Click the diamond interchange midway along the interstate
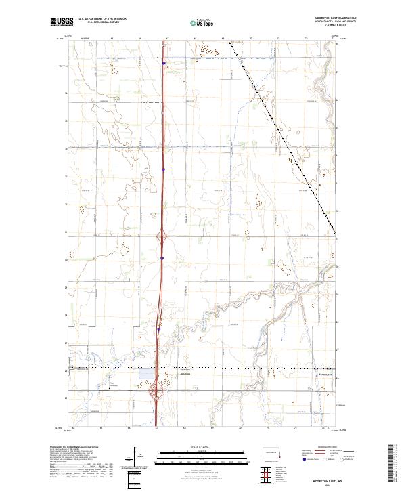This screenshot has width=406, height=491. pyautogui.click(x=162, y=237)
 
